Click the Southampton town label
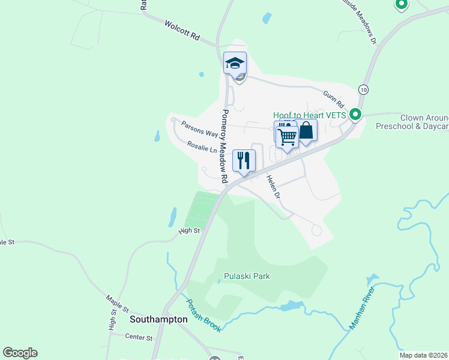(x=158, y=320)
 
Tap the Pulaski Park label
(x=247, y=277)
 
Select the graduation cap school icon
(x=235, y=62)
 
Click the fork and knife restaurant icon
(x=244, y=160)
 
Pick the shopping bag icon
(x=306, y=130)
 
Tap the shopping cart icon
(x=287, y=137)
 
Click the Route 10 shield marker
(x=363, y=89)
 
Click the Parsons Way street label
(x=200, y=128)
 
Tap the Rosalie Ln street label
(x=202, y=147)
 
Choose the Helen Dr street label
(x=273, y=185)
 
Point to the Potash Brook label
(x=203, y=316)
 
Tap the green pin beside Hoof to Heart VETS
(x=355, y=113)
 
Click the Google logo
(x=20, y=353)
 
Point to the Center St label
(x=139, y=338)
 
